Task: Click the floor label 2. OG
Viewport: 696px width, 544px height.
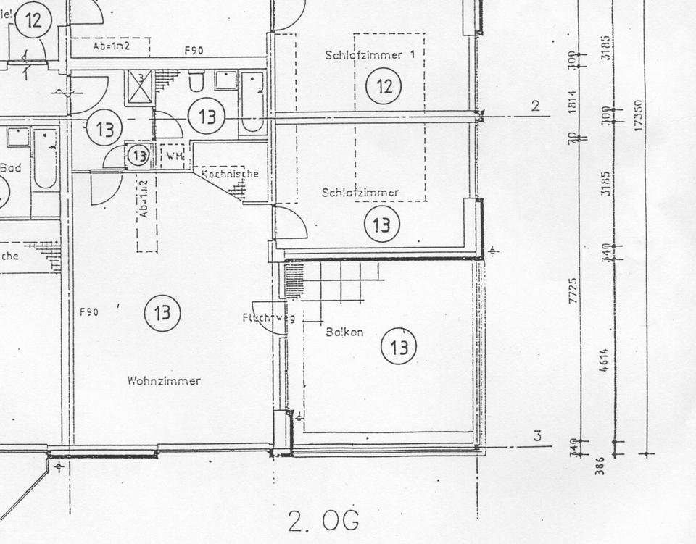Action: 323,520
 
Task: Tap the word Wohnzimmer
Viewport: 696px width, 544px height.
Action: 164,381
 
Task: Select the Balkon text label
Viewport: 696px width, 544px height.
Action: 344,332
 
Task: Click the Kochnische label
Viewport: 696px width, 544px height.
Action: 230,174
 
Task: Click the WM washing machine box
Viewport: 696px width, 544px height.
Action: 174,156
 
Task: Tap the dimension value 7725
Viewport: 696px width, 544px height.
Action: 573,290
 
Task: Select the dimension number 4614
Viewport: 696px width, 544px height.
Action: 605,360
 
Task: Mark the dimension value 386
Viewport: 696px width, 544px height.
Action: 600,465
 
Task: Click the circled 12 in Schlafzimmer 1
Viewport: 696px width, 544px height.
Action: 384,87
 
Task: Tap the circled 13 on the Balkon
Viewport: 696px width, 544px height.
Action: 399,347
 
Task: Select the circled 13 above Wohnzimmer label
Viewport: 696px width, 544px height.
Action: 162,314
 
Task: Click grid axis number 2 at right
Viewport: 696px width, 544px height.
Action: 535,106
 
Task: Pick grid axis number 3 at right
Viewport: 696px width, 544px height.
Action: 536,436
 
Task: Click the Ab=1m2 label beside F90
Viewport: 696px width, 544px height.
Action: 111,46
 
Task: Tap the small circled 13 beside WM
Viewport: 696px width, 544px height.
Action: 138,155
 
